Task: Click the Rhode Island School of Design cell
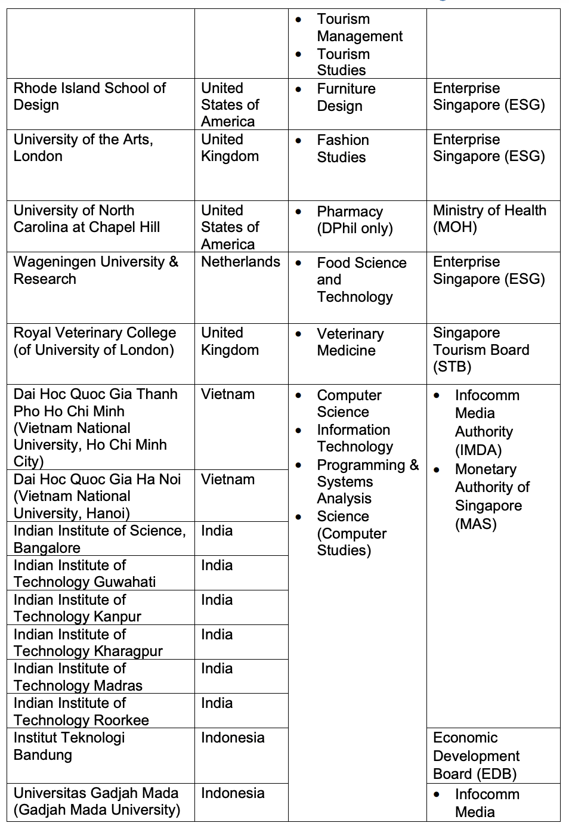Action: click(89, 97)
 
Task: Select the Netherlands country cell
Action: click(240, 262)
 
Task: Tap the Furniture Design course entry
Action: click(346, 97)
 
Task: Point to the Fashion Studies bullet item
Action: click(342, 149)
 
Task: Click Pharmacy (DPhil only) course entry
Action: click(354, 220)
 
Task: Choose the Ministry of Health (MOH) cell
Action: click(489, 219)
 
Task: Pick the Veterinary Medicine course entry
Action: click(350, 342)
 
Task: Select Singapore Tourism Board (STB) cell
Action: click(481, 349)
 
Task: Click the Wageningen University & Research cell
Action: click(95, 270)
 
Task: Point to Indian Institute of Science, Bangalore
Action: click(100, 539)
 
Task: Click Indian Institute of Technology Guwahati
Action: click(84, 574)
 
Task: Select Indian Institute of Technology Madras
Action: click(78, 677)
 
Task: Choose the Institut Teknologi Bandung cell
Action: click(69, 746)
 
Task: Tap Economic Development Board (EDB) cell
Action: click(476, 756)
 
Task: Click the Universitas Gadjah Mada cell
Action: click(96, 802)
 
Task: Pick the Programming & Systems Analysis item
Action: click(367, 481)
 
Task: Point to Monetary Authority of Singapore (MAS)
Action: click(491, 496)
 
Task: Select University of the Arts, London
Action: click(83, 148)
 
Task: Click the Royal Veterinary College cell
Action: click(94, 341)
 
